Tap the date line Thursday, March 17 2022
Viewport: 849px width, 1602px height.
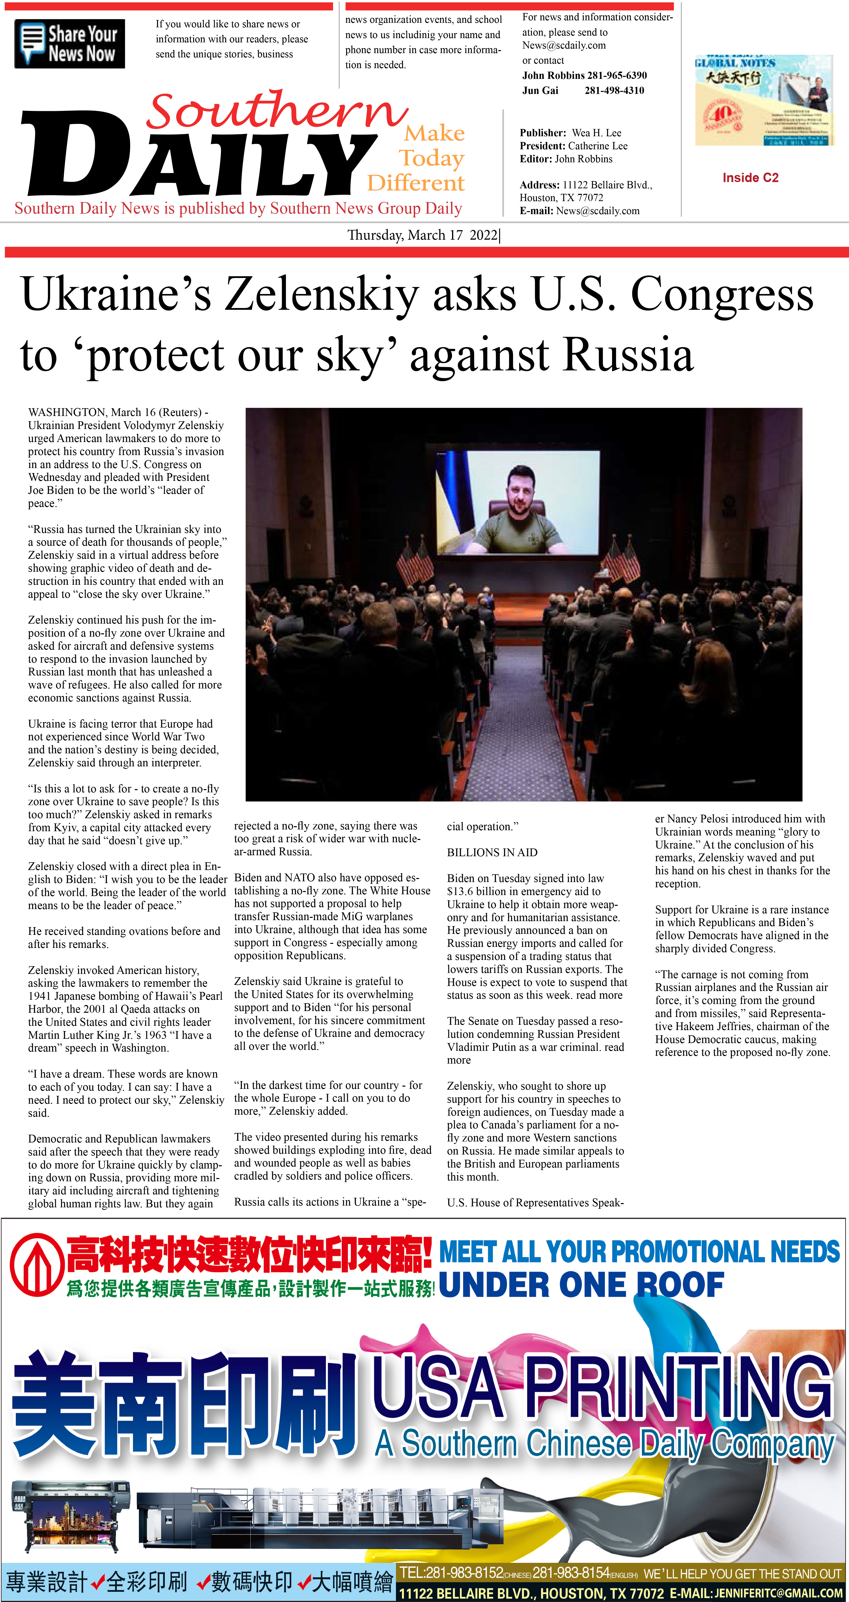click(423, 235)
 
